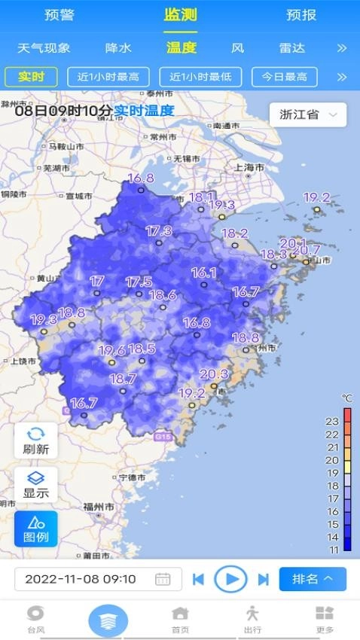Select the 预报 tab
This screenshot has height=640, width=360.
(301, 15)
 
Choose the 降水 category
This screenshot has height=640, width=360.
(118, 48)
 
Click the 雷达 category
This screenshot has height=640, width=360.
(292, 48)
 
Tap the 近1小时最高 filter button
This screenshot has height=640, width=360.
(108, 77)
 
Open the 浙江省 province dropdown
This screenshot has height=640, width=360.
(307, 115)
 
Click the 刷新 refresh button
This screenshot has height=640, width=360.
(36, 440)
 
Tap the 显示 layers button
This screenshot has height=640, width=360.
(36, 486)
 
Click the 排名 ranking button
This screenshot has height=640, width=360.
(313, 579)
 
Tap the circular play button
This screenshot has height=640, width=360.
(231, 579)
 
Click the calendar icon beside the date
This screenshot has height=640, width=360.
(163, 579)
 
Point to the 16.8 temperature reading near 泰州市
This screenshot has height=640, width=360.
(140, 178)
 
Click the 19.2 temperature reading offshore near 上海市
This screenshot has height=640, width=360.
(316, 197)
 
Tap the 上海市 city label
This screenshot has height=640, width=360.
(249, 167)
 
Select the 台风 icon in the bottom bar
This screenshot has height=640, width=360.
(35, 620)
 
